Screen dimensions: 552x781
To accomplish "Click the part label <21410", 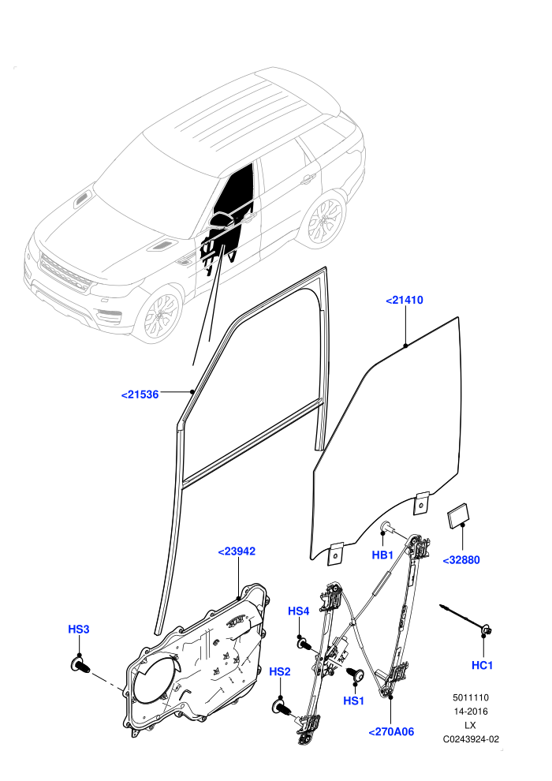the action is pyautogui.click(x=405, y=300).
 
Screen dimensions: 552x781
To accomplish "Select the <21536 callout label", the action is pyautogui.click(x=140, y=394).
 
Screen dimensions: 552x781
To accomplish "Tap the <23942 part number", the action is pyautogui.click(x=237, y=551).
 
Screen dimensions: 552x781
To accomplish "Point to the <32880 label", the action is pyautogui.click(x=461, y=560).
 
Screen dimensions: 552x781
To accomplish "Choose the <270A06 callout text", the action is pyautogui.click(x=391, y=731).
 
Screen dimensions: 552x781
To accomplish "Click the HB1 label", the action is pyautogui.click(x=382, y=555).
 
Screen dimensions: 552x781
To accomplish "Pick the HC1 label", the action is pyautogui.click(x=483, y=665).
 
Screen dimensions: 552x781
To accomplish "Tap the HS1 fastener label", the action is pyautogui.click(x=354, y=701).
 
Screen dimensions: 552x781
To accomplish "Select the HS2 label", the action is pyautogui.click(x=280, y=671).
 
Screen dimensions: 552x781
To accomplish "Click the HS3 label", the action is pyautogui.click(x=79, y=629).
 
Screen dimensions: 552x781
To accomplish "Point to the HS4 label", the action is pyautogui.click(x=299, y=611).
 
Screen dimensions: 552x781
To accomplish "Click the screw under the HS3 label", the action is pyautogui.click(x=80, y=664).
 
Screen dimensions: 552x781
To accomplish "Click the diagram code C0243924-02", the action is pyautogui.click(x=470, y=739).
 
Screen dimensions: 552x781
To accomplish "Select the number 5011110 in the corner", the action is pyautogui.click(x=470, y=697).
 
